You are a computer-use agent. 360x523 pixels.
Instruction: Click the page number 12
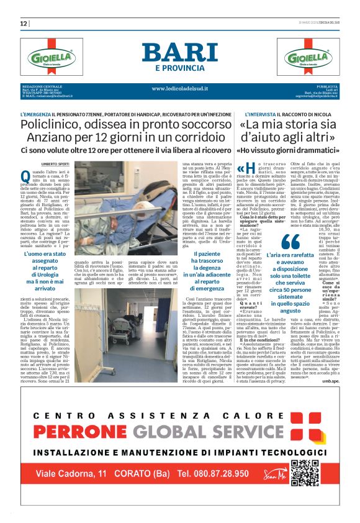pos(24,24)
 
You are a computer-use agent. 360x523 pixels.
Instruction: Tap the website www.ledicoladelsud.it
pos(179,88)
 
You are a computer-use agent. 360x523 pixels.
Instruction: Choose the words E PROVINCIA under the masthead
pos(179,68)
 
